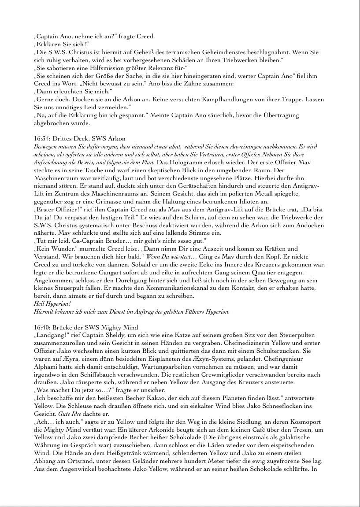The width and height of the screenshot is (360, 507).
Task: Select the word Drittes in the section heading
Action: [61, 138]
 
